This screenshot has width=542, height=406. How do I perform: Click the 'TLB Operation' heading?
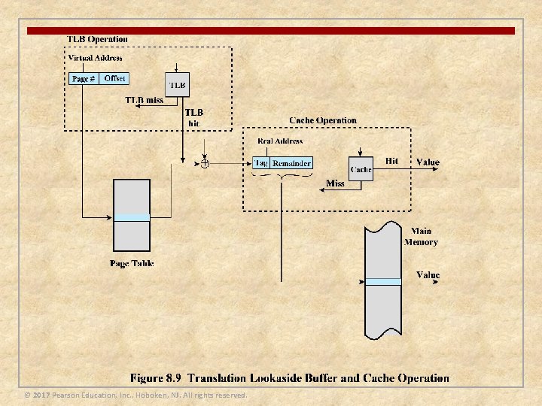click(x=97, y=39)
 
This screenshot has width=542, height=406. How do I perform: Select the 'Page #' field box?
click(x=84, y=79)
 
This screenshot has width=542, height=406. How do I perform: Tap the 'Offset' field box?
click(x=114, y=78)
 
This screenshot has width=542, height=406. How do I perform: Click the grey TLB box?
click(x=177, y=84)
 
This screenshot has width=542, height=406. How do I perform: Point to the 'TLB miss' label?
click(x=144, y=100)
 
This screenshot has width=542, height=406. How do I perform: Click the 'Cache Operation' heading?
click(x=323, y=120)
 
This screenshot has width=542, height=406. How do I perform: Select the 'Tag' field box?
click(x=261, y=162)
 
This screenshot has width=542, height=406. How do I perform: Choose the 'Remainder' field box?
click(x=291, y=163)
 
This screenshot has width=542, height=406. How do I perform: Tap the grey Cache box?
click(x=361, y=168)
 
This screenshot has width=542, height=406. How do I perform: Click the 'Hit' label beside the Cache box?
click(x=391, y=161)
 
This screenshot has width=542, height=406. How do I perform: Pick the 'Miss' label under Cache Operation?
click(x=335, y=183)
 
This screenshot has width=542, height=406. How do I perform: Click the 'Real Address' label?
click(x=280, y=141)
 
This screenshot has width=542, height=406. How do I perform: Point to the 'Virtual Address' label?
click(x=95, y=58)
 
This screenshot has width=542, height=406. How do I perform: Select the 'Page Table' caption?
click(x=132, y=263)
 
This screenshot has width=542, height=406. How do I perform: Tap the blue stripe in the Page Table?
click(x=132, y=217)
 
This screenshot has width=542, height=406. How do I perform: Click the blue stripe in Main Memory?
click(x=383, y=282)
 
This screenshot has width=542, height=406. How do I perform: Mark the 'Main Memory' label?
click(x=421, y=237)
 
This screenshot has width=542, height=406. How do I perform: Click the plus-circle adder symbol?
click(x=204, y=162)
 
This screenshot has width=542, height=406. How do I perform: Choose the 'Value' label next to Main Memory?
click(x=428, y=275)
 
